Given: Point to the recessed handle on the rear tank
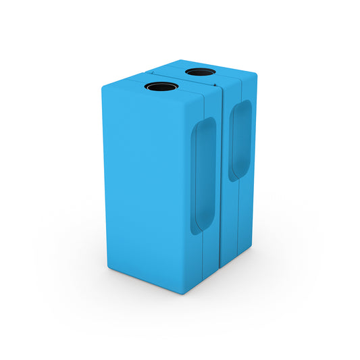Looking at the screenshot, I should [x=239, y=140].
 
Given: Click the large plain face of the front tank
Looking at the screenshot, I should [x=145, y=182].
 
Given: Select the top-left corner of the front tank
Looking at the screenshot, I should [x=103, y=87].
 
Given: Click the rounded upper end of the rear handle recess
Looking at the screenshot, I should [x=241, y=105].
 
